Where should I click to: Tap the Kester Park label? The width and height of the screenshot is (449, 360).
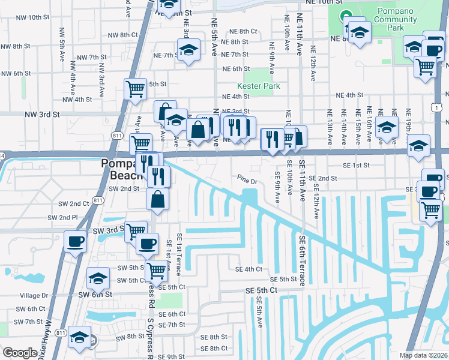[x=259, y=86]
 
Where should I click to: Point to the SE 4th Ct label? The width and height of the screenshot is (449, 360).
[x=249, y=269]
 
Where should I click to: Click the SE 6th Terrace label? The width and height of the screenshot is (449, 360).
[x=303, y=256]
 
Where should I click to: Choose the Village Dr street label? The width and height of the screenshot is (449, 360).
[x=34, y=296]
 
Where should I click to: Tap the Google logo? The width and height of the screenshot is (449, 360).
[x=20, y=353]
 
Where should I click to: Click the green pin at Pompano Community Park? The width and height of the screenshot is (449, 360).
[x=345, y=17]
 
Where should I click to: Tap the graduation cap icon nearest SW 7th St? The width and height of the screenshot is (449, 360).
[x=79, y=337]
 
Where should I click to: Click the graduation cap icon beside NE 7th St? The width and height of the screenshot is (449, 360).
[x=188, y=50]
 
